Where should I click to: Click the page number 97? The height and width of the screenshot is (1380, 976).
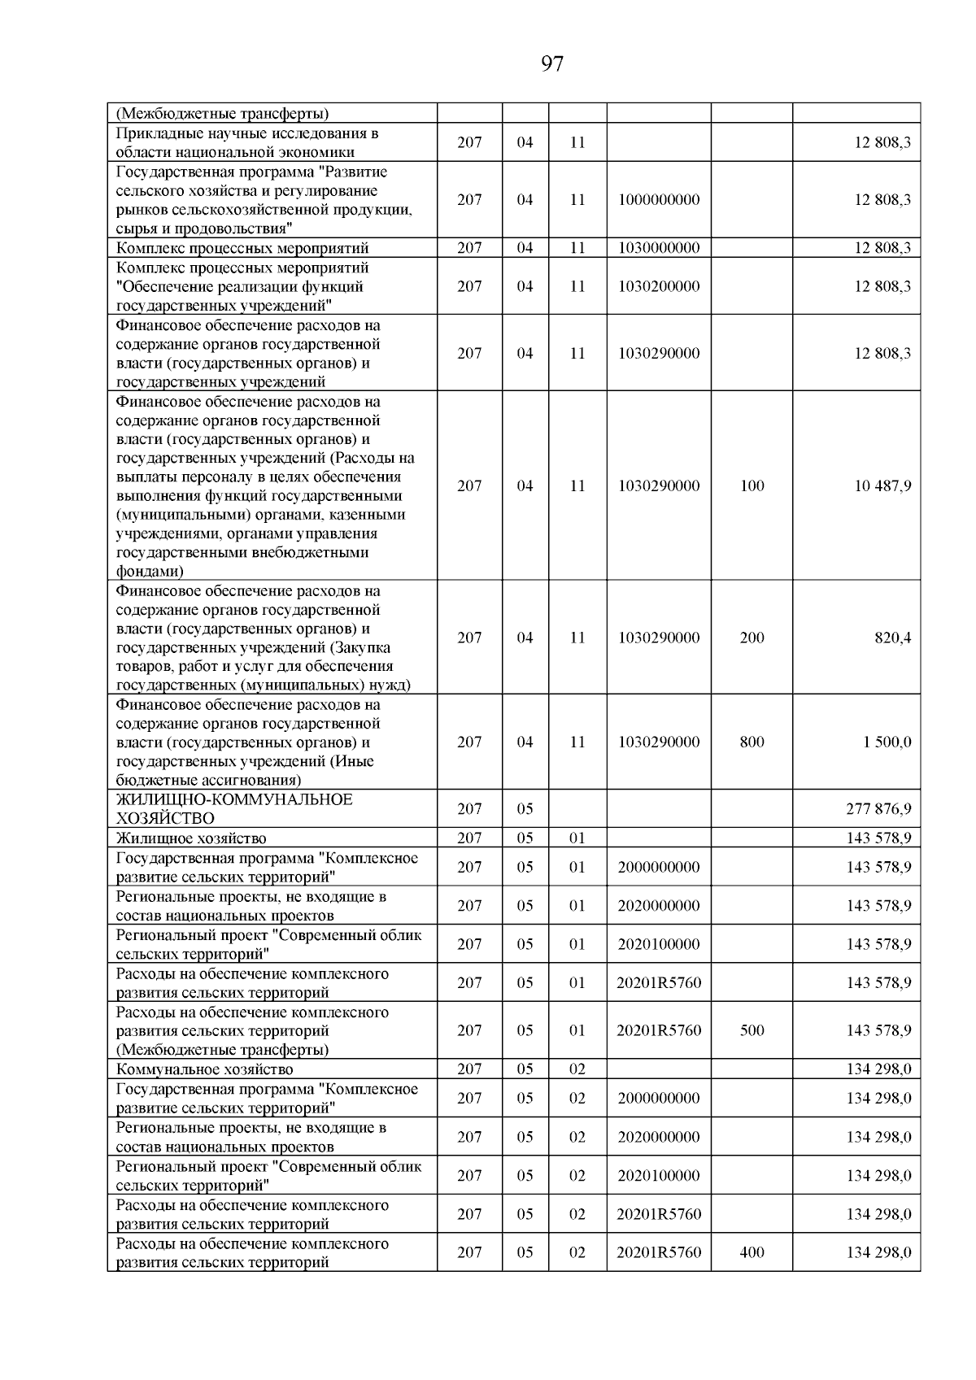click(x=551, y=63)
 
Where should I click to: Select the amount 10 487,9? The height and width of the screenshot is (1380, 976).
click(x=882, y=485)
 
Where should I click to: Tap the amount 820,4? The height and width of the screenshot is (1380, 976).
click(x=893, y=638)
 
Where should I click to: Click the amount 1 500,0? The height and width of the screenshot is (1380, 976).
click(x=887, y=742)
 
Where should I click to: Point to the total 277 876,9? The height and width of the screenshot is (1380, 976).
click(x=878, y=808)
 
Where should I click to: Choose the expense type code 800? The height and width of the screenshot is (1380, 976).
click(x=752, y=742)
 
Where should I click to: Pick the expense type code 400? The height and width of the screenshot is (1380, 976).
click(x=752, y=1252)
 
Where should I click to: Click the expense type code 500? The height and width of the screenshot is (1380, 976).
click(x=752, y=1030)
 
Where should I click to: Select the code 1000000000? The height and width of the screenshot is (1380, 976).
click(x=659, y=199)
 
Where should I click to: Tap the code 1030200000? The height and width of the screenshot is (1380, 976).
click(x=659, y=286)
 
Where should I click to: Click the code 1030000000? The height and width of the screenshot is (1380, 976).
click(x=659, y=248)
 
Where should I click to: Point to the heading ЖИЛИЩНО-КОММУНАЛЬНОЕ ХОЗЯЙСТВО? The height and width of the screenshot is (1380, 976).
click(x=234, y=808)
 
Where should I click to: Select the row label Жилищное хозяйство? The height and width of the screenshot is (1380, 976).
click(x=191, y=838)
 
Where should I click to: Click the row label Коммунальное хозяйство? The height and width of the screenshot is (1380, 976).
click(x=204, y=1069)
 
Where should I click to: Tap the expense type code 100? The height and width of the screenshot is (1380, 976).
click(x=752, y=485)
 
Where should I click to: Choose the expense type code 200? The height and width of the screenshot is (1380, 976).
click(x=752, y=638)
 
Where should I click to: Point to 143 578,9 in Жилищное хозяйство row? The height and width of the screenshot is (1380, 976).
click(x=878, y=838)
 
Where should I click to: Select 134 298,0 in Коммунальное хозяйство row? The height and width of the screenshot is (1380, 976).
click(x=878, y=1069)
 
